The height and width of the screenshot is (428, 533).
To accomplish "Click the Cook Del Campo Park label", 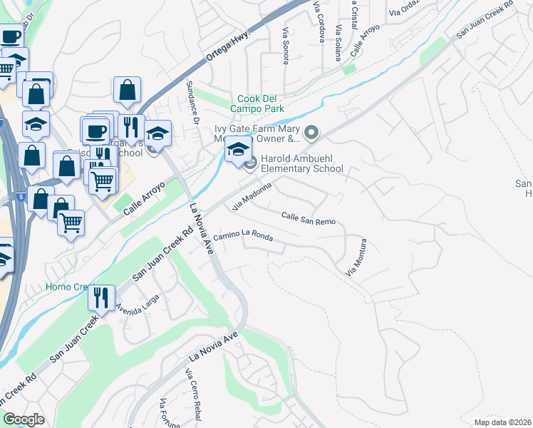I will [260, 103].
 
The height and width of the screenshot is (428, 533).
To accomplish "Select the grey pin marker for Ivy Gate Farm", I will [311, 133].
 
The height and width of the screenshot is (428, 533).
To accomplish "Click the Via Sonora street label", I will [286, 46].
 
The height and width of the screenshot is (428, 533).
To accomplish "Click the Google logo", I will [24, 419].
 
